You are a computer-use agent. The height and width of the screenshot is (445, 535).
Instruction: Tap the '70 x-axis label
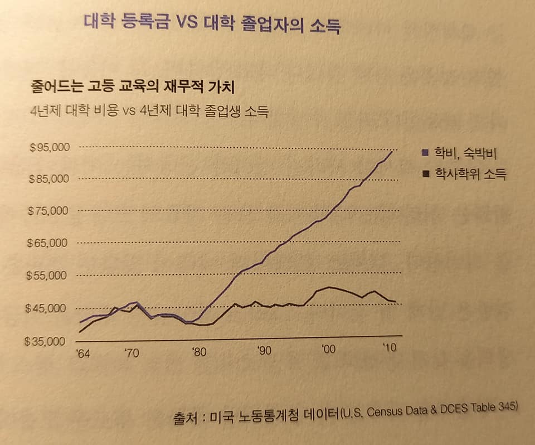[132, 352]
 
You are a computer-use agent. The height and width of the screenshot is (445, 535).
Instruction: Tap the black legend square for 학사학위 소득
[425, 174]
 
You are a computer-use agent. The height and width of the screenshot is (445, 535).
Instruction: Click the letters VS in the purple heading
[191, 23]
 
